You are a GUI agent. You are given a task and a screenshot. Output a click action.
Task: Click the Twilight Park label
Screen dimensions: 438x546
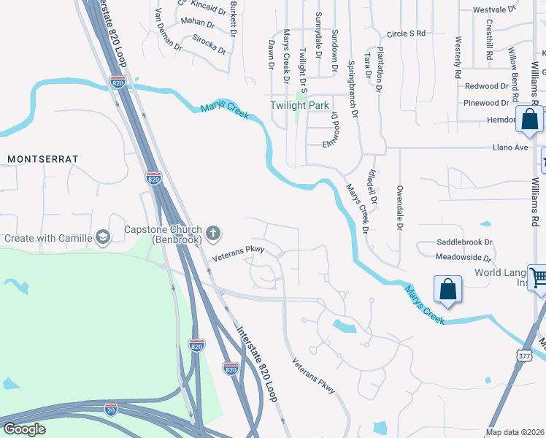click(x=300, y=105)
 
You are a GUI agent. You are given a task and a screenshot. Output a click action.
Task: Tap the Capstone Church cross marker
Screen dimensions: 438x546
click(x=213, y=234)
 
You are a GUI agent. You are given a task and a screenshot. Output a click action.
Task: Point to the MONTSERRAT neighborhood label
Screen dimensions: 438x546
click(x=42, y=158)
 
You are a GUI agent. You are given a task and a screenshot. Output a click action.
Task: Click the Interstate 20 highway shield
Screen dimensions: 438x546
click(x=111, y=408)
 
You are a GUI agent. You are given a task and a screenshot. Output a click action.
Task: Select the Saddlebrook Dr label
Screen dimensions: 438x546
click(x=464, y=242)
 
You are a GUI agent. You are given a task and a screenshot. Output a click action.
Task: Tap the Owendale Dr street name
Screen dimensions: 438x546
click(x=400, y=211)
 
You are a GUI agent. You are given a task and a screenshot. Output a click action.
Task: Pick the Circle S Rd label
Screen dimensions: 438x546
click(x=406, y=34)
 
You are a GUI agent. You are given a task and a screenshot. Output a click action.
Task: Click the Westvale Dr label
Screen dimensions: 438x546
click(x=494, y=10)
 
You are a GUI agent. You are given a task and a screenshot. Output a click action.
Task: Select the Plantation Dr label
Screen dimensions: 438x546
click(x=379, y=74)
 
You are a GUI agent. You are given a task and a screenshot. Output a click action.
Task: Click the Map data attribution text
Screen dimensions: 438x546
click(x=515, y=431)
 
